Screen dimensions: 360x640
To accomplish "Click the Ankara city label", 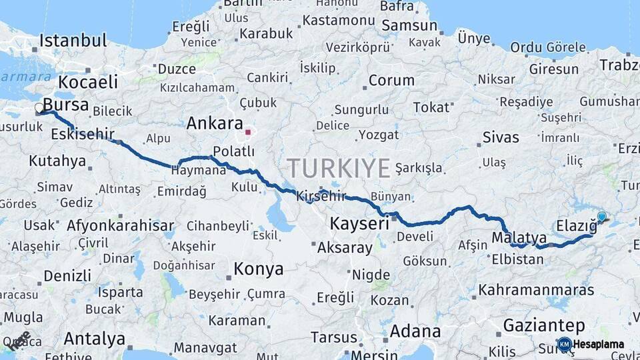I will (214, 123).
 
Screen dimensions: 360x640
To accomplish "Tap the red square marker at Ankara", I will (247, 132).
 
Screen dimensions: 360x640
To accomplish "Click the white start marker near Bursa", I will (39, 107).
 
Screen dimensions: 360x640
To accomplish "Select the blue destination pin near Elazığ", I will (601, 217).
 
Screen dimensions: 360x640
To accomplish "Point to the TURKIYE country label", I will (339, 168).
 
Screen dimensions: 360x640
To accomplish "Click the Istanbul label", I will (73, 41).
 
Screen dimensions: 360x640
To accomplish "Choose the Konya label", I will (258, 269).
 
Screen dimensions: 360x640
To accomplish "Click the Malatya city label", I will (519, 238).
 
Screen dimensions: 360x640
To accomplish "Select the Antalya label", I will (95, 339).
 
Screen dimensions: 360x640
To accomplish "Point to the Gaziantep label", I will (544, 325).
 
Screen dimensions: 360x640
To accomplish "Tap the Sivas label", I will (501, 138).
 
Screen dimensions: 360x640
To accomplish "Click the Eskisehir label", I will (82, 134).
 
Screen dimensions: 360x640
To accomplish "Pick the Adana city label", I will (415, 331).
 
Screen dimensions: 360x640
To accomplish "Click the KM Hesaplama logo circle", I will (564, 344).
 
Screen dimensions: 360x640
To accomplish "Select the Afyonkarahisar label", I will (120, 225).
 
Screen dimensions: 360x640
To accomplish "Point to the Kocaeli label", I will (88, 82).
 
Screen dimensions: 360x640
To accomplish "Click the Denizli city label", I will (67, 275).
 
